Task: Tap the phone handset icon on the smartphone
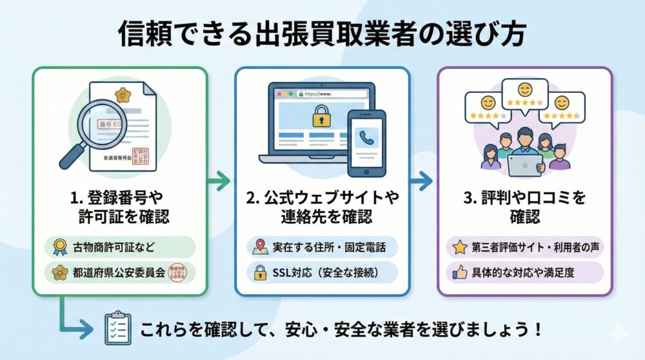click(x=366, y=137)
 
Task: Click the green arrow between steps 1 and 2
click(x=219, y=181)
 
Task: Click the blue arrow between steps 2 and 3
click(x=422, y=181)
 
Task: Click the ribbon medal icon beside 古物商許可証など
click(x=59, y=246)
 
